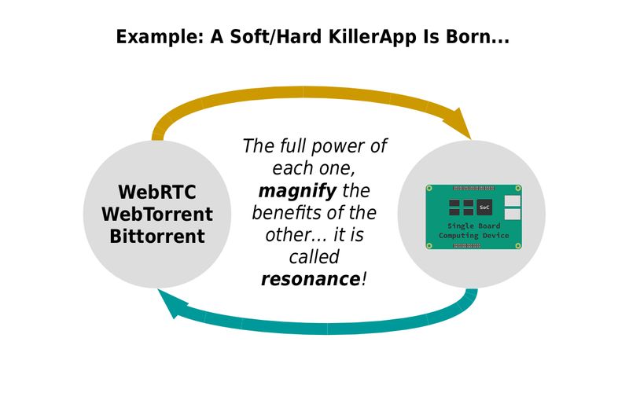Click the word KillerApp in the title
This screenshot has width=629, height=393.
click(x=354, y=37)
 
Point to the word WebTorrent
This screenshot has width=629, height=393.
click(x=158, y=214)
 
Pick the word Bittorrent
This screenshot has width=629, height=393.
click(x=158, y=235)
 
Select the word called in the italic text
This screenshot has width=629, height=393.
click(x=314, y=257)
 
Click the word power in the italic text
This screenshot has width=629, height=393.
click(x=349, y=147)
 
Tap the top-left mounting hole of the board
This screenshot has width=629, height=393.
click(x=430, y=189)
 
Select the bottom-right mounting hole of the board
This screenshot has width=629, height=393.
click(x=518, y=246)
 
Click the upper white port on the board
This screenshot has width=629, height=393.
click(x=512, y=201)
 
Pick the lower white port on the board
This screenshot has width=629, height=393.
click(x=512, y=214)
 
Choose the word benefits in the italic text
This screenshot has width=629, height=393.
click(x=286, y=213)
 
